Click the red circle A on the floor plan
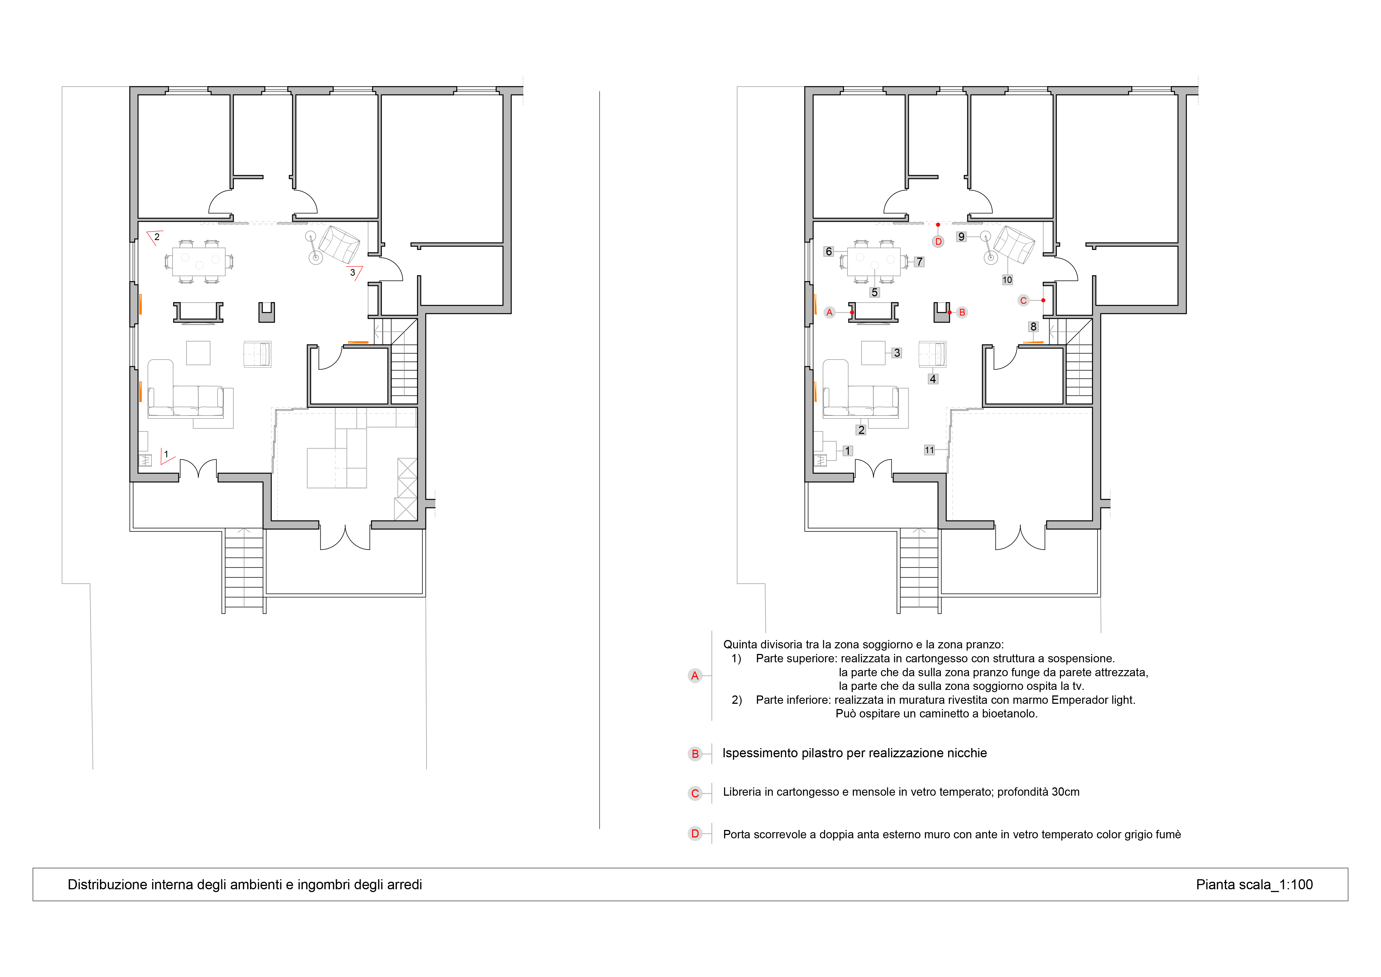(830, 312)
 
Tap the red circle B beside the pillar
(962, 312)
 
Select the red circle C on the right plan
(1023, 300)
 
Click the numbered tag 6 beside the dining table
(829, 251)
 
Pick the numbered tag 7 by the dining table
(919, 262)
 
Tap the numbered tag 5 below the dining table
(875, 292)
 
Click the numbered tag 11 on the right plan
(929, 450)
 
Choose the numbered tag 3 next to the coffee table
(897, 353)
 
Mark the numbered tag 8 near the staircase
(1033, 327)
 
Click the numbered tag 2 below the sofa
(861, 429)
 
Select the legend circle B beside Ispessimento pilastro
(695, 754)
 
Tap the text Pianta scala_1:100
(1254, 884)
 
